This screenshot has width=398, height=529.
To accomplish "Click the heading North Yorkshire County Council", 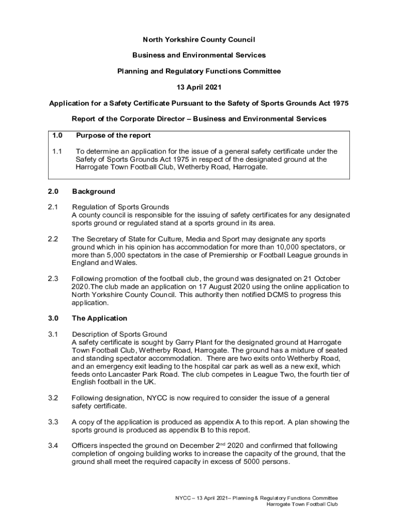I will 198,40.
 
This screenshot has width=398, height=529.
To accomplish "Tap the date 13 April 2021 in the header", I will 198,87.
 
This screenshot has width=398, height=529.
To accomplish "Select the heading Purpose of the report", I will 113,136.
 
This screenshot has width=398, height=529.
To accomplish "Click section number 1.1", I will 57,151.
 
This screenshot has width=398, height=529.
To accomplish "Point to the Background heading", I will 94,191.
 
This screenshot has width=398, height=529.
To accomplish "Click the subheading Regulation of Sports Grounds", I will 120,207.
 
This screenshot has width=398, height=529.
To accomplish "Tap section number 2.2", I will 53,239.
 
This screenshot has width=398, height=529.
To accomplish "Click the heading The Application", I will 99,318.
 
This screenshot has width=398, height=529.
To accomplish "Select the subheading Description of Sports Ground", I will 119,334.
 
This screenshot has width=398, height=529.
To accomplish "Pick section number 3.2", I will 53,398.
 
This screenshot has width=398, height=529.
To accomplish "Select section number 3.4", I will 53,445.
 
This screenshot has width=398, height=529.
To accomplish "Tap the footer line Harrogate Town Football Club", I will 302,504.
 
